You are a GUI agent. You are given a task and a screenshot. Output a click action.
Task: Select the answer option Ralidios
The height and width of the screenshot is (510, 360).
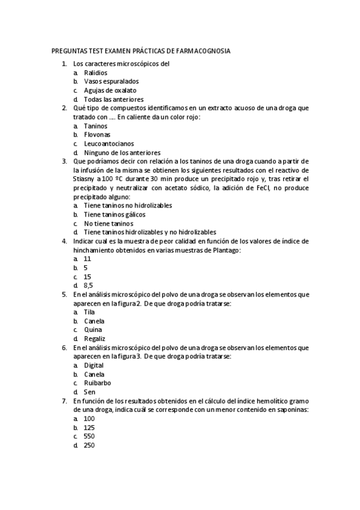coord(96,72)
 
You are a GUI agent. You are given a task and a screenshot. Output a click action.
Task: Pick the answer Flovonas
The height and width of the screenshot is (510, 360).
coord(97,135)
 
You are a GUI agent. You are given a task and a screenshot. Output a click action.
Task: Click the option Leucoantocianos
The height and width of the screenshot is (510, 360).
coord(109,144)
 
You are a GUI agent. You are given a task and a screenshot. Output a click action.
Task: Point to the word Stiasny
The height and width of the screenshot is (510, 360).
coord(85,179)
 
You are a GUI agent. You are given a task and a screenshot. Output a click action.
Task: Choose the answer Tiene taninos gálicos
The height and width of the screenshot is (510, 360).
coord(114,214)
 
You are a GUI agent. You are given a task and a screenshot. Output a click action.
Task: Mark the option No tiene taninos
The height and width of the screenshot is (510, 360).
coord(108,223)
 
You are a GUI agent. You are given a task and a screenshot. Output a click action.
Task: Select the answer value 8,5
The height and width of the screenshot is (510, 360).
coord(88,286)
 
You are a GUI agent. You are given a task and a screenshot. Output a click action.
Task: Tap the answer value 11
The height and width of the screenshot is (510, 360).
coord(88,259)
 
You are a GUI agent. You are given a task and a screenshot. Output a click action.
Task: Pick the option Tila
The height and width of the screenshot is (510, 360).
coord(90,312)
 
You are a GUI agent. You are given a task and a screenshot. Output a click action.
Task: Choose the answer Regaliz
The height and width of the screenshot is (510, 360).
coord(94,339)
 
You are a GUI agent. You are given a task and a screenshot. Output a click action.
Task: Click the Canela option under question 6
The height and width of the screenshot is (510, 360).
coord(94,374)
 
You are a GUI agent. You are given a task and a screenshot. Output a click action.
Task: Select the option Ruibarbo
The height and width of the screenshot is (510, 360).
coord(97,382)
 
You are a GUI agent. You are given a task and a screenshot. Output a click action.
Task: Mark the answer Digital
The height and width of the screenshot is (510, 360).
coord(94,365)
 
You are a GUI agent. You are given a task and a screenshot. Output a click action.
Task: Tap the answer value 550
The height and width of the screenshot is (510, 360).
coord(90,436)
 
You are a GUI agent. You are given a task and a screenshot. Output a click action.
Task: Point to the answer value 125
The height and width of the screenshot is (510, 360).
coord(90,427)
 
